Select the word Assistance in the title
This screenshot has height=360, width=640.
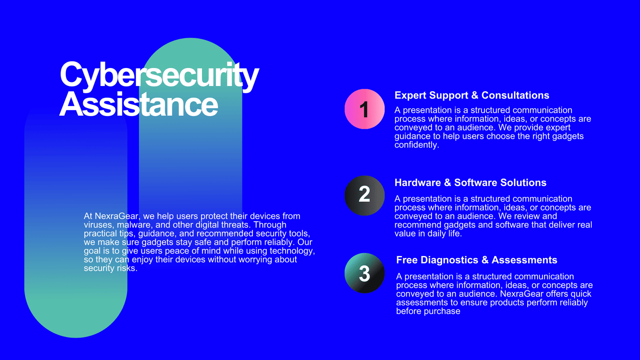pos(138,104)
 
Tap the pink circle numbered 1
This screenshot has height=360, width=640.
pos(364,109)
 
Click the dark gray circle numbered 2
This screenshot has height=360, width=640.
pos(364,196)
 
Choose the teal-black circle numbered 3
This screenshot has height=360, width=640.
pos(364,273)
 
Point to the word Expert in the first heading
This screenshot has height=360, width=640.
pos(410,96)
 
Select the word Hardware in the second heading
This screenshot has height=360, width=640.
pos(418,182)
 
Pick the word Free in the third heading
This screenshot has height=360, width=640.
pos(406,260)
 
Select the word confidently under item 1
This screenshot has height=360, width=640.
pos(416,145)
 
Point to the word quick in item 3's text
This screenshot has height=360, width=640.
pos(580,294)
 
